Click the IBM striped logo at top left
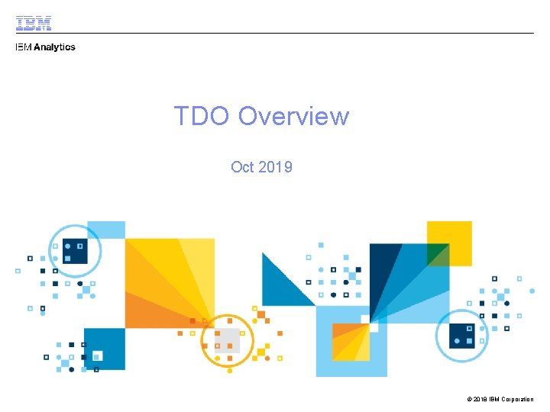(x=34, y=24)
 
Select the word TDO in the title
(x=202, y=116)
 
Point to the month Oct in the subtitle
(x=242, y=166)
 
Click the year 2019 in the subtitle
(x=275, y=166)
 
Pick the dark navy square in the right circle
(x=461, y=333)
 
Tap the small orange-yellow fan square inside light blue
(x=351, y=340)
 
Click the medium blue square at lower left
(x=105, y=349)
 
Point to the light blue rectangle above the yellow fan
(x=107, y=230)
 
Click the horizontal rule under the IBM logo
(x=275, y=33)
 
